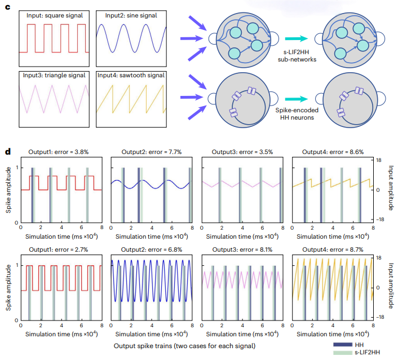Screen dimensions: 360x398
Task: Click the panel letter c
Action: pos(8,6)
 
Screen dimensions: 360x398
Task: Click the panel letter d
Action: pos(8,152)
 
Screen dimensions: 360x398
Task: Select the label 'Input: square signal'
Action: pos(54,15)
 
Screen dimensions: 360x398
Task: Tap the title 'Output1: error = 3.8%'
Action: pos(60,152)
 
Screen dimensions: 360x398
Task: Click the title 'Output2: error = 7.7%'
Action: pos(151,152)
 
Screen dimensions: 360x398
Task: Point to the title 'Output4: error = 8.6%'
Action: pos(332,152)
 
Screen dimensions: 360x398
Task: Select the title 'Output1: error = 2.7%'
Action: pos(60,249)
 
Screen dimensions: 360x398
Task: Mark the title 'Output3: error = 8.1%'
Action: pos(242,249)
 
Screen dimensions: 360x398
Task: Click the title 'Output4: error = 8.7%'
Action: pos(332,249)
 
